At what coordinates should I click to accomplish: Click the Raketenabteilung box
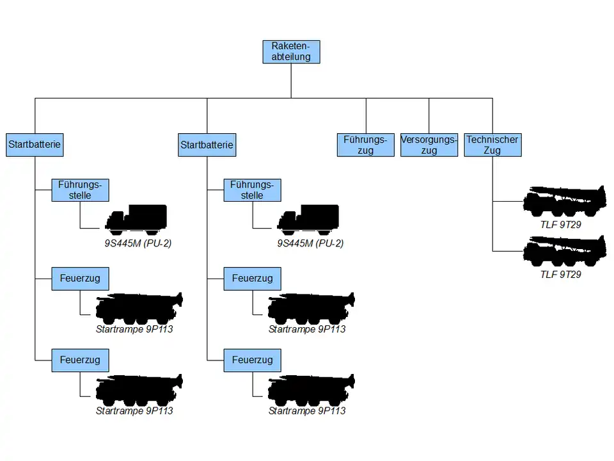[291, 52]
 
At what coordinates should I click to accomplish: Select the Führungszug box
[365, 145]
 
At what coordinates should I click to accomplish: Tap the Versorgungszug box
[429, 145]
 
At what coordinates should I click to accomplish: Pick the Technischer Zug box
[492, 145]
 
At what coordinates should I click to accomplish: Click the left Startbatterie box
[35, 145]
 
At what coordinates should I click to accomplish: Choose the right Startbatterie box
[207, 145]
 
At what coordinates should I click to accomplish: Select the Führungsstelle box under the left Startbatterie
[80, 190]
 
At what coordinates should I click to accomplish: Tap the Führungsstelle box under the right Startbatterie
[252, 190]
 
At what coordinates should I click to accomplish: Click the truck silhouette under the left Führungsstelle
[136, 220]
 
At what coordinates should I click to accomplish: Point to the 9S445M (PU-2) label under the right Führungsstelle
[310, 244]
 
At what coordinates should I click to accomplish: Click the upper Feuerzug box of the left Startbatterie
[80, 279]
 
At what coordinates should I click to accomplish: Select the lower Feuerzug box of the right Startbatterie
[252, 360]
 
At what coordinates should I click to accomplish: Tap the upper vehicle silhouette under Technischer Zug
[565, 201]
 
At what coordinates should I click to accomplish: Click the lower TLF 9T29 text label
[560, 275]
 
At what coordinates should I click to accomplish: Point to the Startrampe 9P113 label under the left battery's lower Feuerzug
[134, 410]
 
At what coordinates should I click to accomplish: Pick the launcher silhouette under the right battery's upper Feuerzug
[311, 309]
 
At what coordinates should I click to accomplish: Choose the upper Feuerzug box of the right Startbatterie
[252, 279]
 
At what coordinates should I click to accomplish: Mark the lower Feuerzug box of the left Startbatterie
[80, 360]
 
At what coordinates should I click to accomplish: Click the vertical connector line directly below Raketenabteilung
[291, 81]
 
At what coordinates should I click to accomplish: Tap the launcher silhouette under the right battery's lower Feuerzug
[311, 390]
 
